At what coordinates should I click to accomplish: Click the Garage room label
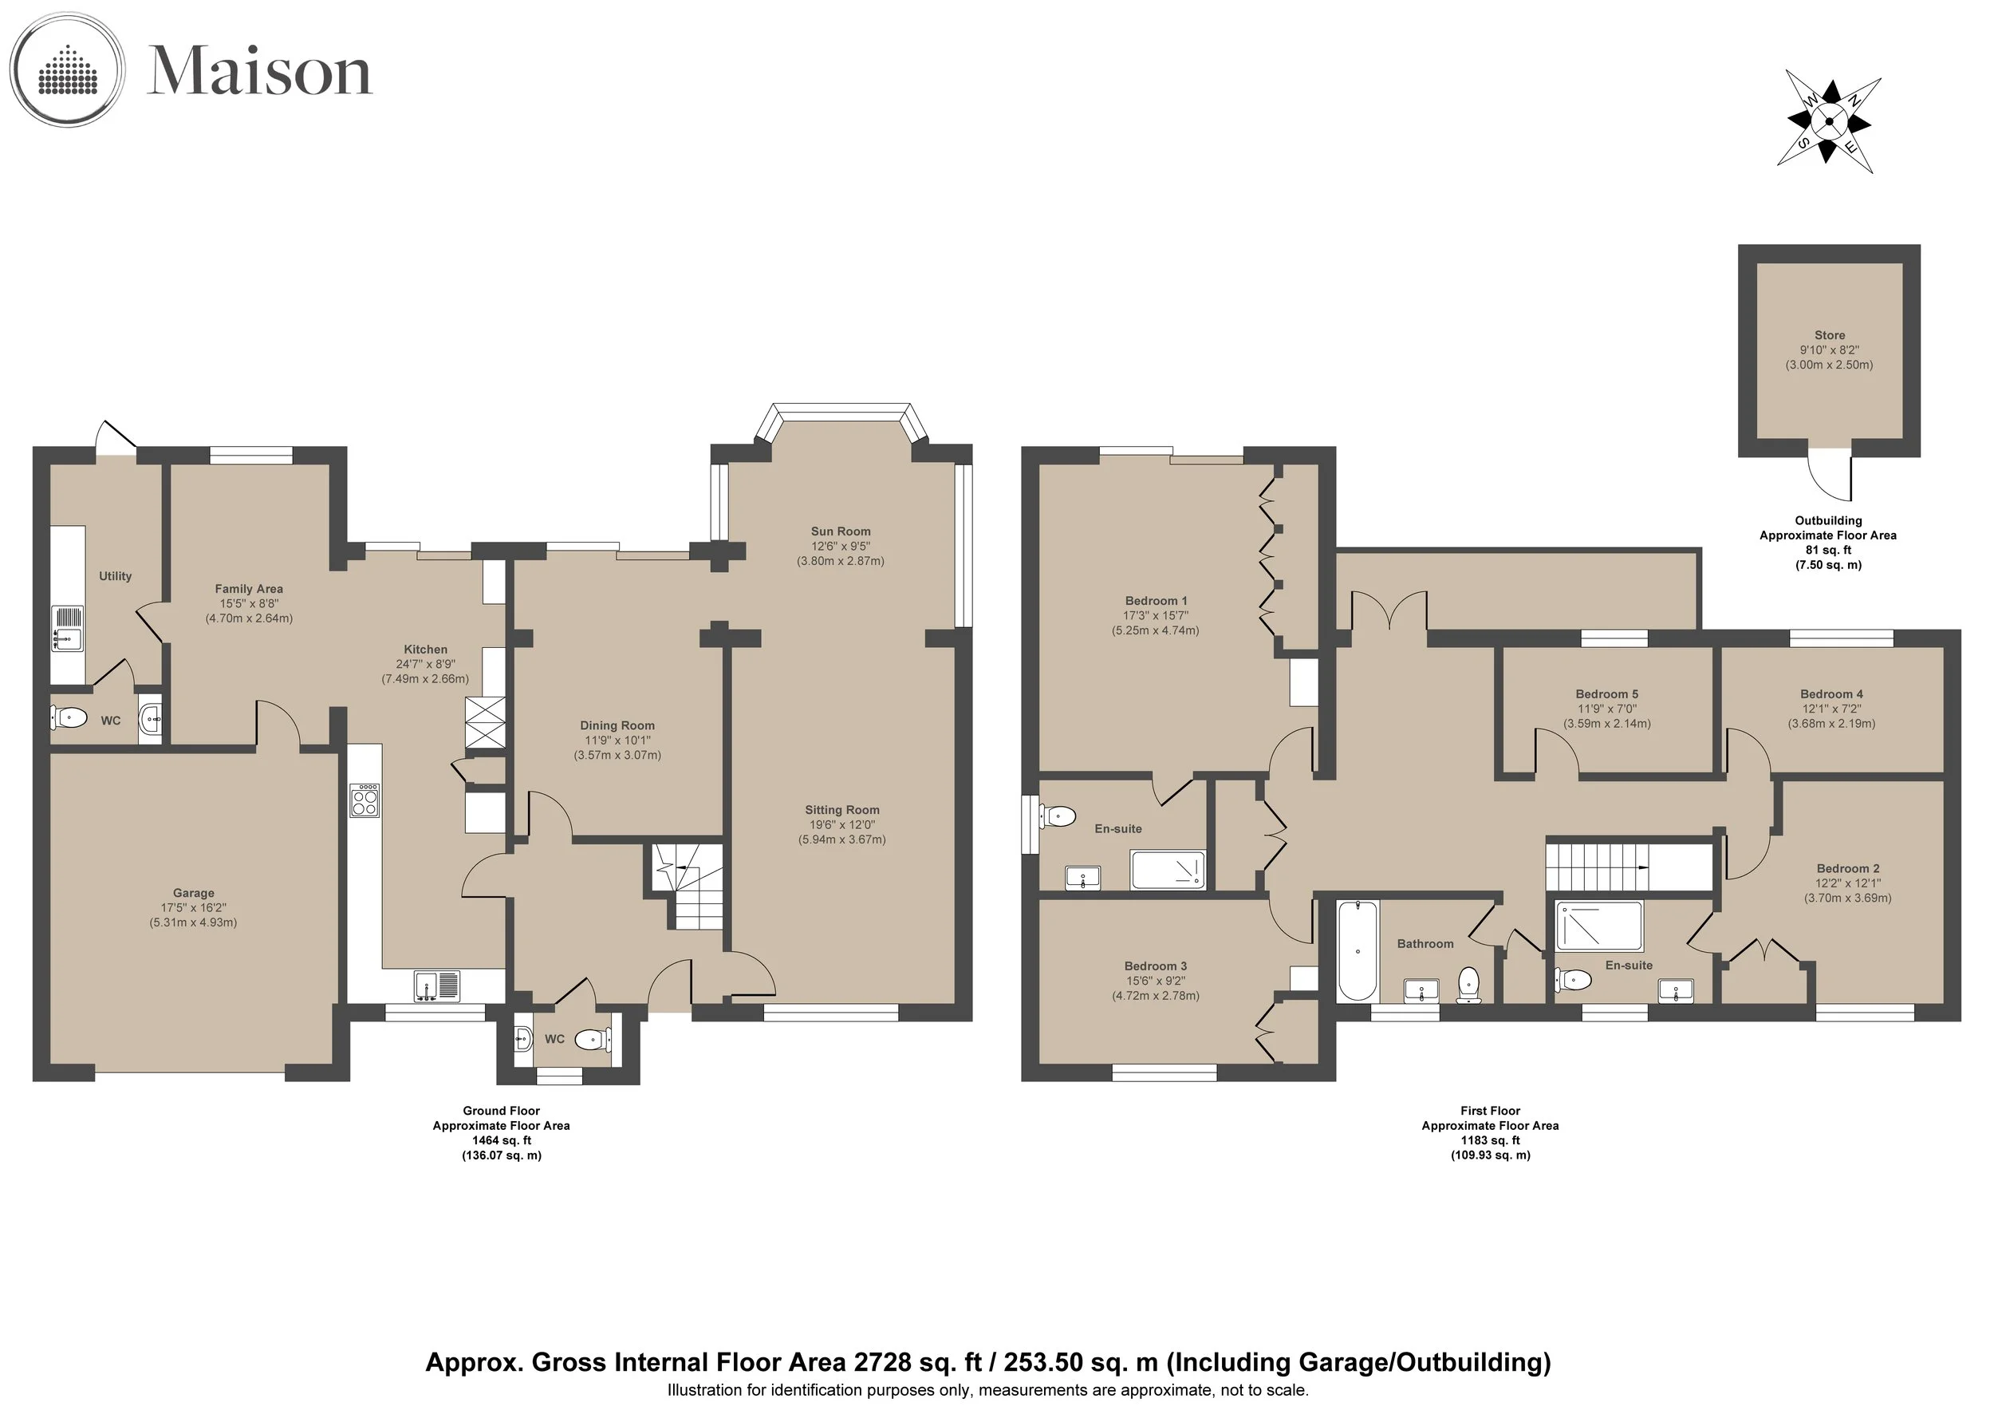[x=193, y=893]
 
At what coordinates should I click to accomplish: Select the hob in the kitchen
[x=365, y=800]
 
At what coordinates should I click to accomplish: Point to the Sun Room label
[x=841, y=531]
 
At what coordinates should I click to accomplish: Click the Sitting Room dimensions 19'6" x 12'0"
[x=841, y=824]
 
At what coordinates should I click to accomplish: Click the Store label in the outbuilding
[x=1829, y=335]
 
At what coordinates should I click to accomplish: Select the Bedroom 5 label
[x=1606, y=694]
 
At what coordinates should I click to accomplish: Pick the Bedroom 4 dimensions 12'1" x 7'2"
[x=1830, y=709]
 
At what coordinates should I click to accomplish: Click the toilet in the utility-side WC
[x=69, y=718]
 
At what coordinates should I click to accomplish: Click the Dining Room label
[x=617, y=725]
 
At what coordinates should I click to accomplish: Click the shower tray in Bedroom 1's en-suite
[x=1167, y=871]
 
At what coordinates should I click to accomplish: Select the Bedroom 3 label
[x=1155, y=966]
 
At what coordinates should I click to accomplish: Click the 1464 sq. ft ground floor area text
[x=501, y=1140]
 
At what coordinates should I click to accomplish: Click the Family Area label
[x=248, y=589]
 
